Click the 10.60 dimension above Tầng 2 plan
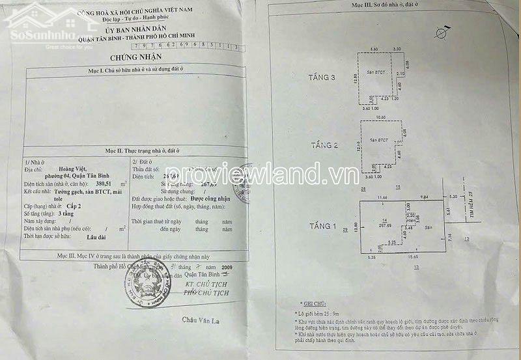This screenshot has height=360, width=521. [380, 118]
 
